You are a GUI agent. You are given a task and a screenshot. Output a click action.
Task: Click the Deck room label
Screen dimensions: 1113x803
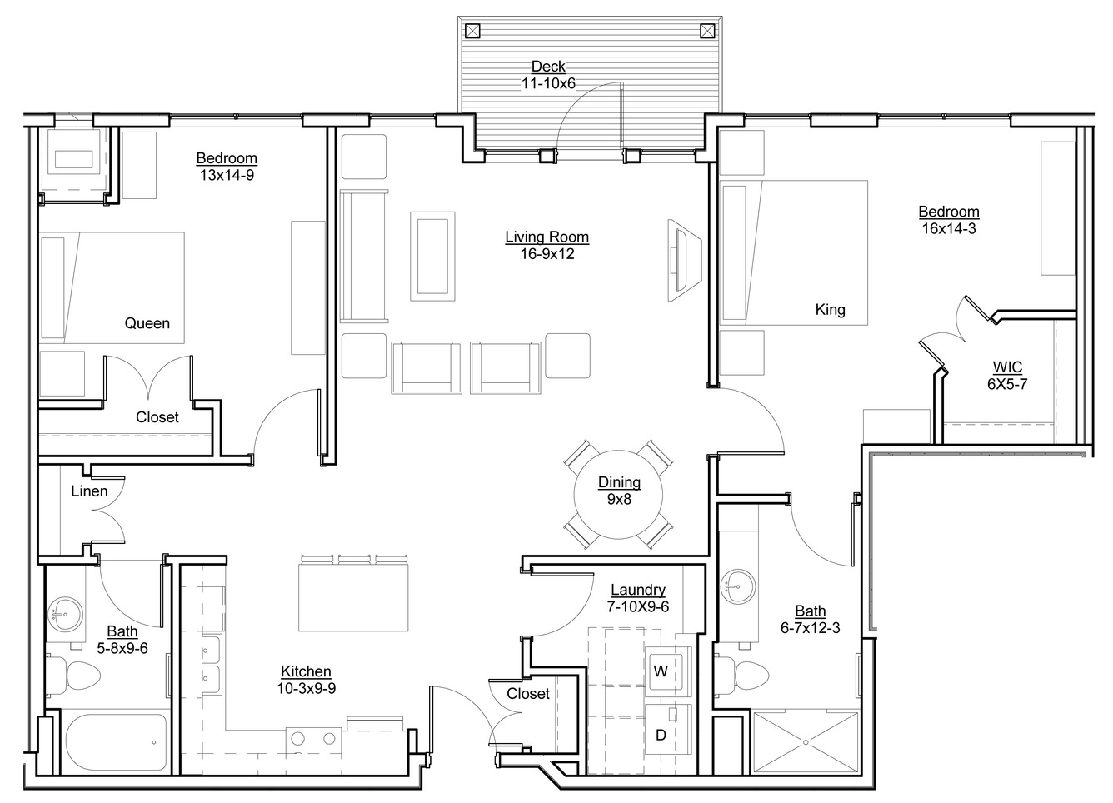tap(548, 67)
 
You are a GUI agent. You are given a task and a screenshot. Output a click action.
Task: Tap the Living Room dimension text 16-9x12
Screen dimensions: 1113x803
tap(547, 254)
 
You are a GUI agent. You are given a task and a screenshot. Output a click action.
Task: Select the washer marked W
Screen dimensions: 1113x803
tap(666, 671)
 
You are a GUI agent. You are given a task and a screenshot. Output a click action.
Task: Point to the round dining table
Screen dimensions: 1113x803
tap(619, 495)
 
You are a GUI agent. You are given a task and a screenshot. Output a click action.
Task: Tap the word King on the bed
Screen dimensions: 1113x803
tap(831, 310)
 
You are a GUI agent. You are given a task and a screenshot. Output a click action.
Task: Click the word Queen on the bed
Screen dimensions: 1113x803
tap(147, 323)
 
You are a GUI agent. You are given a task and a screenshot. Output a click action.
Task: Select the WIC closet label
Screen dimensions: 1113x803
tap(1007, 367)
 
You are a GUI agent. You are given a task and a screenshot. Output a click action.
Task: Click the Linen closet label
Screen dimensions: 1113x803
tap(89, 491)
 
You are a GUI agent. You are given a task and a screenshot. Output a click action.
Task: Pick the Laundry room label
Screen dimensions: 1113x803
tap(638, 590)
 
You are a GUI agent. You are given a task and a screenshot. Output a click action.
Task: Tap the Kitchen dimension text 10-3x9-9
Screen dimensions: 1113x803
tap(306, 688)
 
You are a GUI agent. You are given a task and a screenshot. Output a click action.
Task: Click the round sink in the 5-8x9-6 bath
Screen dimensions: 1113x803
tap(65, 614)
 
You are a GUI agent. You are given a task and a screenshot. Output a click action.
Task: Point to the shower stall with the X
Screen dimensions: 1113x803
tap(806, 742)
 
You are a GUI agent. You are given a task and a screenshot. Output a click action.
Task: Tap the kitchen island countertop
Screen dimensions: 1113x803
tap(353, 597)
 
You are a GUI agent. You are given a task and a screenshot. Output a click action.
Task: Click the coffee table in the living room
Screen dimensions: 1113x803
tap(432, 256)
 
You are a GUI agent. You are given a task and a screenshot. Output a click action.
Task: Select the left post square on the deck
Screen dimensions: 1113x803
tap(472, 32)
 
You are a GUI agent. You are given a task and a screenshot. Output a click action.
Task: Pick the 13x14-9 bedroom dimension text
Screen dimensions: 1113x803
tap(227, 175)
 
